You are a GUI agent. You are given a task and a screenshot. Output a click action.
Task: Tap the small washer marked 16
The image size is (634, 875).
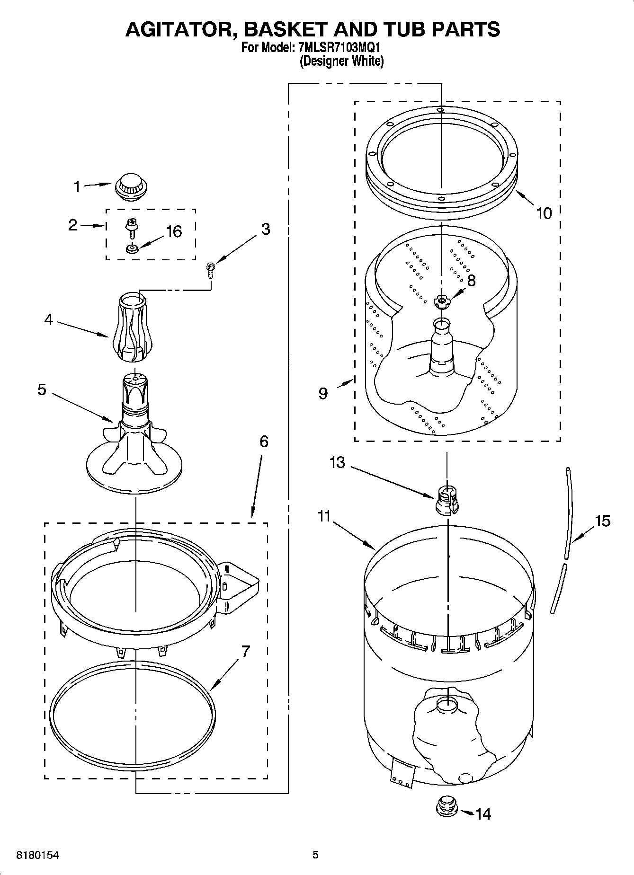click(132, 248)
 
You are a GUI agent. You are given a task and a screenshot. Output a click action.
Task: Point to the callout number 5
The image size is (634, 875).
click(42, 390)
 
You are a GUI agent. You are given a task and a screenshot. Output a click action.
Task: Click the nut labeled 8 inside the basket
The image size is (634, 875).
click(441, 301)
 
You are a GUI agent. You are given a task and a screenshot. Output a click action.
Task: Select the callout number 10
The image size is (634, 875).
click(544, 213)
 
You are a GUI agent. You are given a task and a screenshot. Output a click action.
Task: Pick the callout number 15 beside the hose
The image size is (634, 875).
click(602, 521)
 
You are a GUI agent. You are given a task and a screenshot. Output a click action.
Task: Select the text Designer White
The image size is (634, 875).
click(341, 61)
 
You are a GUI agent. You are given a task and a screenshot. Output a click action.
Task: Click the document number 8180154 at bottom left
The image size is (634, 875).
click(38, 856)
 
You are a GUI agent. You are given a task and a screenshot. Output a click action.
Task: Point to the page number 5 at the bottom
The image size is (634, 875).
click(315, 855)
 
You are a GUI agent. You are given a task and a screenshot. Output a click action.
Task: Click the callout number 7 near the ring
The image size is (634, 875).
click(245, 651)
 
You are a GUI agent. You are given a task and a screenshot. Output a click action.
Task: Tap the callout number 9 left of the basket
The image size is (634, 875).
click(323, 393)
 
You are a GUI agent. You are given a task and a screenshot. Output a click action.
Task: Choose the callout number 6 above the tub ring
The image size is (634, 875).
click(264, 442)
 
